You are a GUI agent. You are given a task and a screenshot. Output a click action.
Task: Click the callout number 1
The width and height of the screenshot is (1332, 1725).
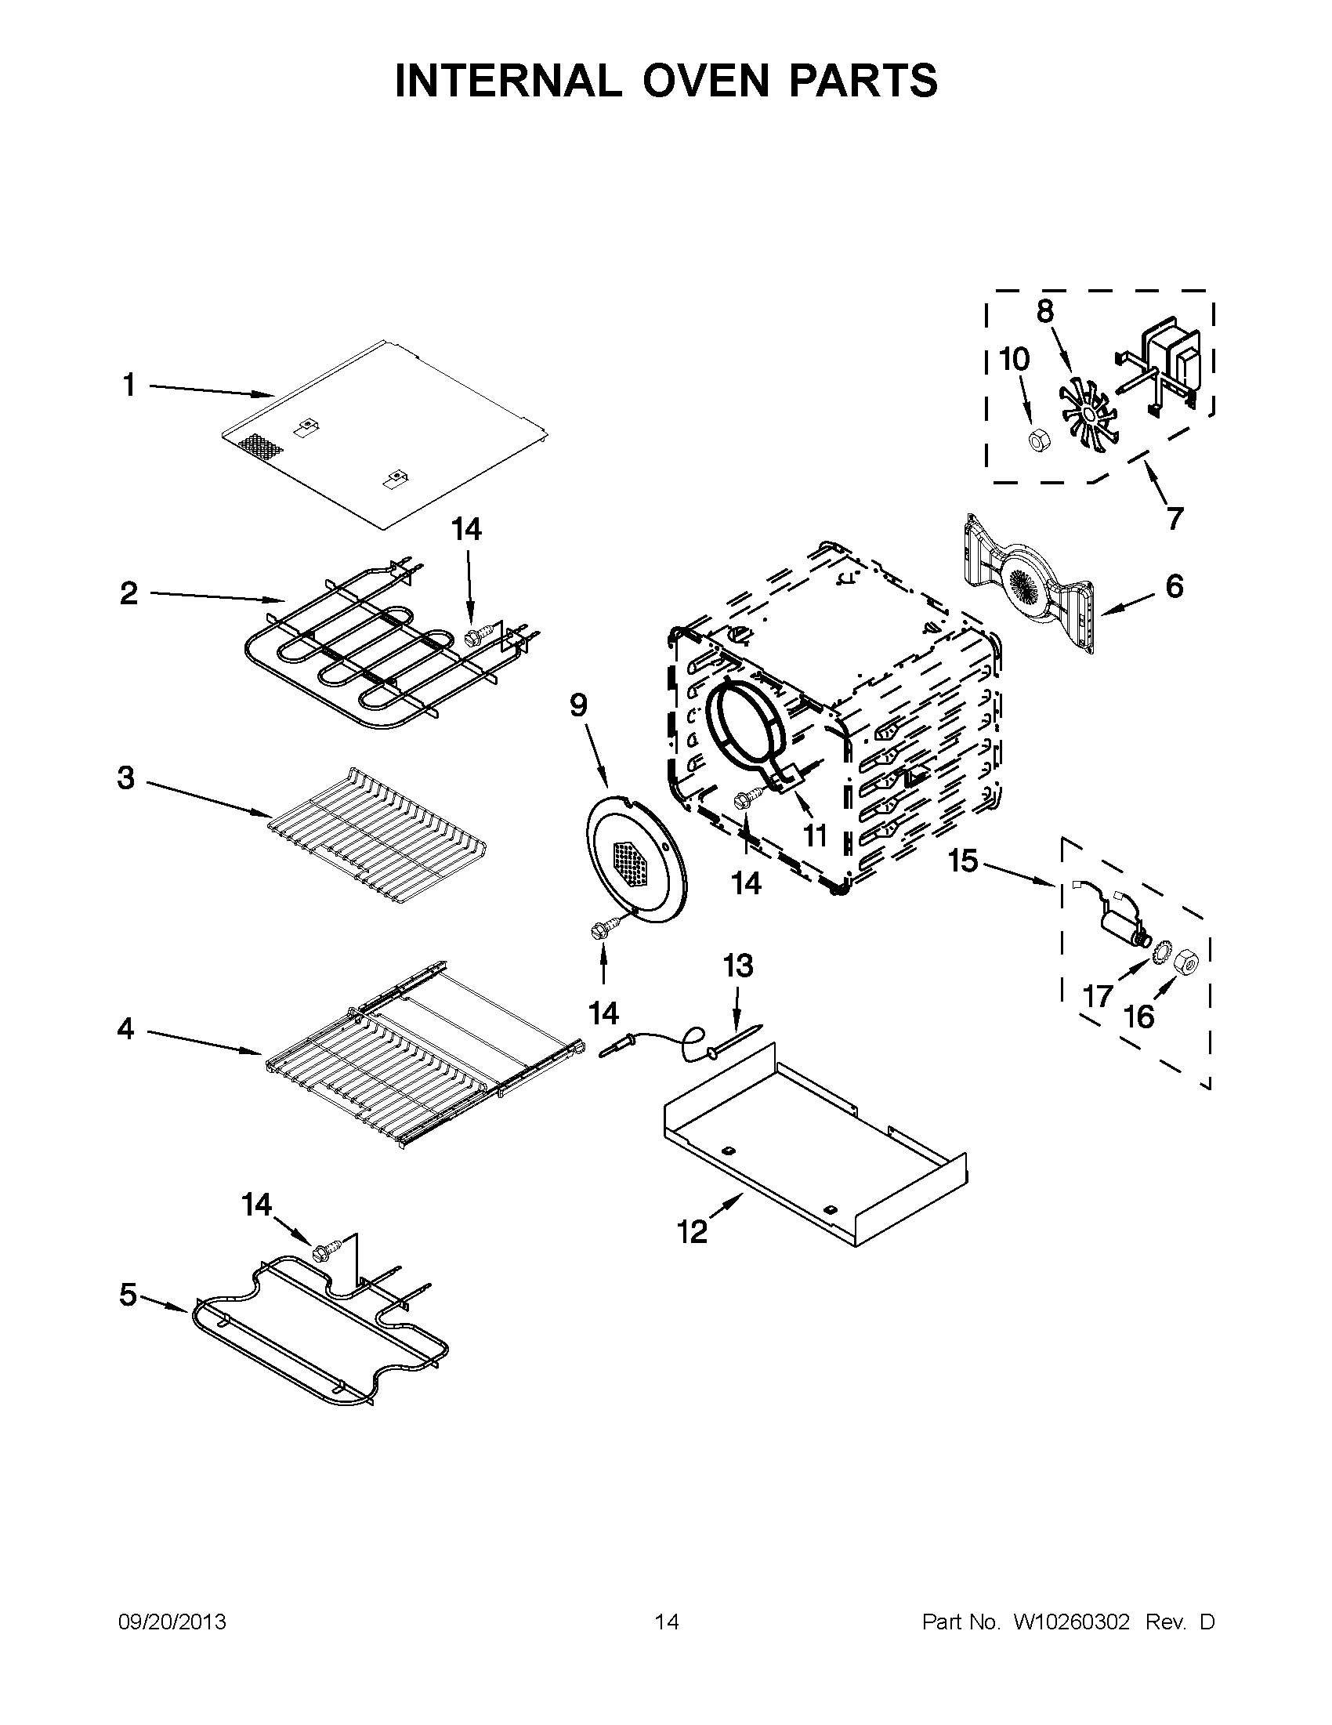coord(128,386)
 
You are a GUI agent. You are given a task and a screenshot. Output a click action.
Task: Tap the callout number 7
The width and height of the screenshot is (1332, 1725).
coord(1175,518)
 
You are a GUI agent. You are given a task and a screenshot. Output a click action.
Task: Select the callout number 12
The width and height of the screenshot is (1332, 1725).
coord(693,1231)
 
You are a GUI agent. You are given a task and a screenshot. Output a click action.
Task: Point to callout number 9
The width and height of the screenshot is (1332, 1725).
coord(579,704)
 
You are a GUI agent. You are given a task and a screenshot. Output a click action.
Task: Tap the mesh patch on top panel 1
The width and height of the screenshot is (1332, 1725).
coord(262,448)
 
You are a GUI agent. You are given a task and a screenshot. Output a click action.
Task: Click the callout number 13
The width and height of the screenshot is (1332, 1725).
coord(738,966)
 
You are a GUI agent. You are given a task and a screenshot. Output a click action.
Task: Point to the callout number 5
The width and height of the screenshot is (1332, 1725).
coord(128,1295)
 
